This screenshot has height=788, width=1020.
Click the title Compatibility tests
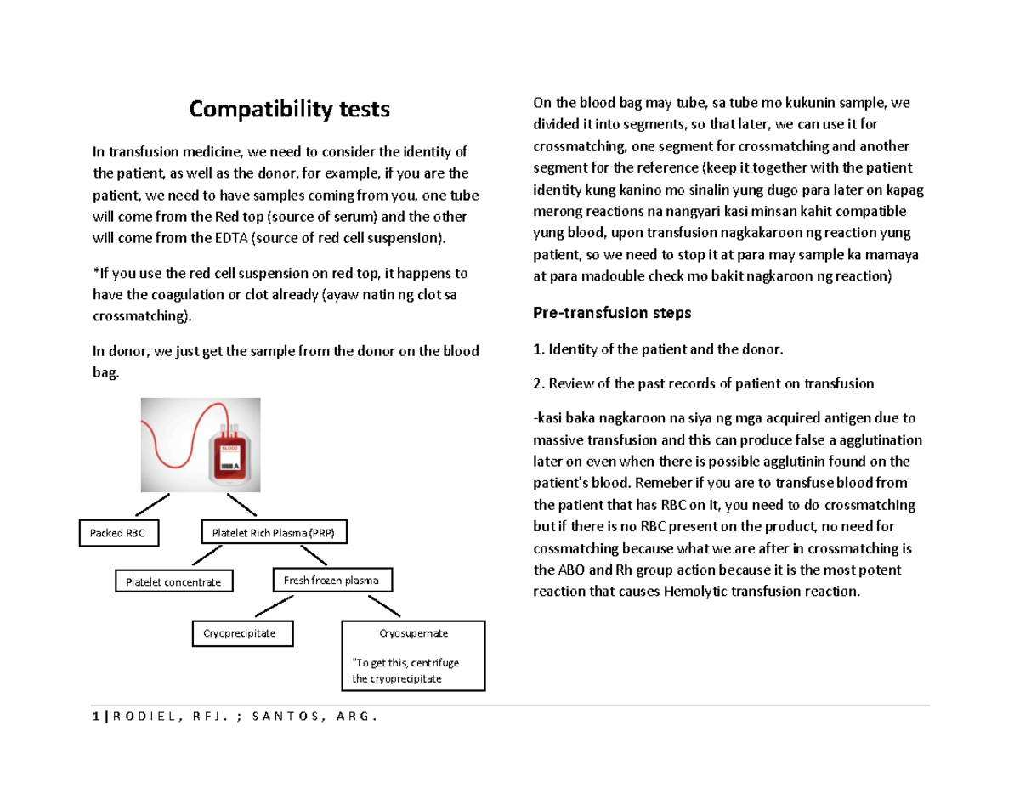coord(290,109)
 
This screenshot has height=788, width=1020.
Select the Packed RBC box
coord(118,534)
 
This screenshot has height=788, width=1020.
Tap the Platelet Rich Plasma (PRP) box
coord(274,534)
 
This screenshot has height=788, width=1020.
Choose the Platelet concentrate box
coord(173,581)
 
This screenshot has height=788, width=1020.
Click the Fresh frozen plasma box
coord(332,581)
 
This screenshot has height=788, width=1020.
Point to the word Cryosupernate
coord(413,633)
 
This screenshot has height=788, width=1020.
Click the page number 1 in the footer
coord(96,716)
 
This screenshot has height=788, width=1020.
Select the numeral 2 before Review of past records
coord(536,383)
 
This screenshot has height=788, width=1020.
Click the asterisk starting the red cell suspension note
coord(95,275)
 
